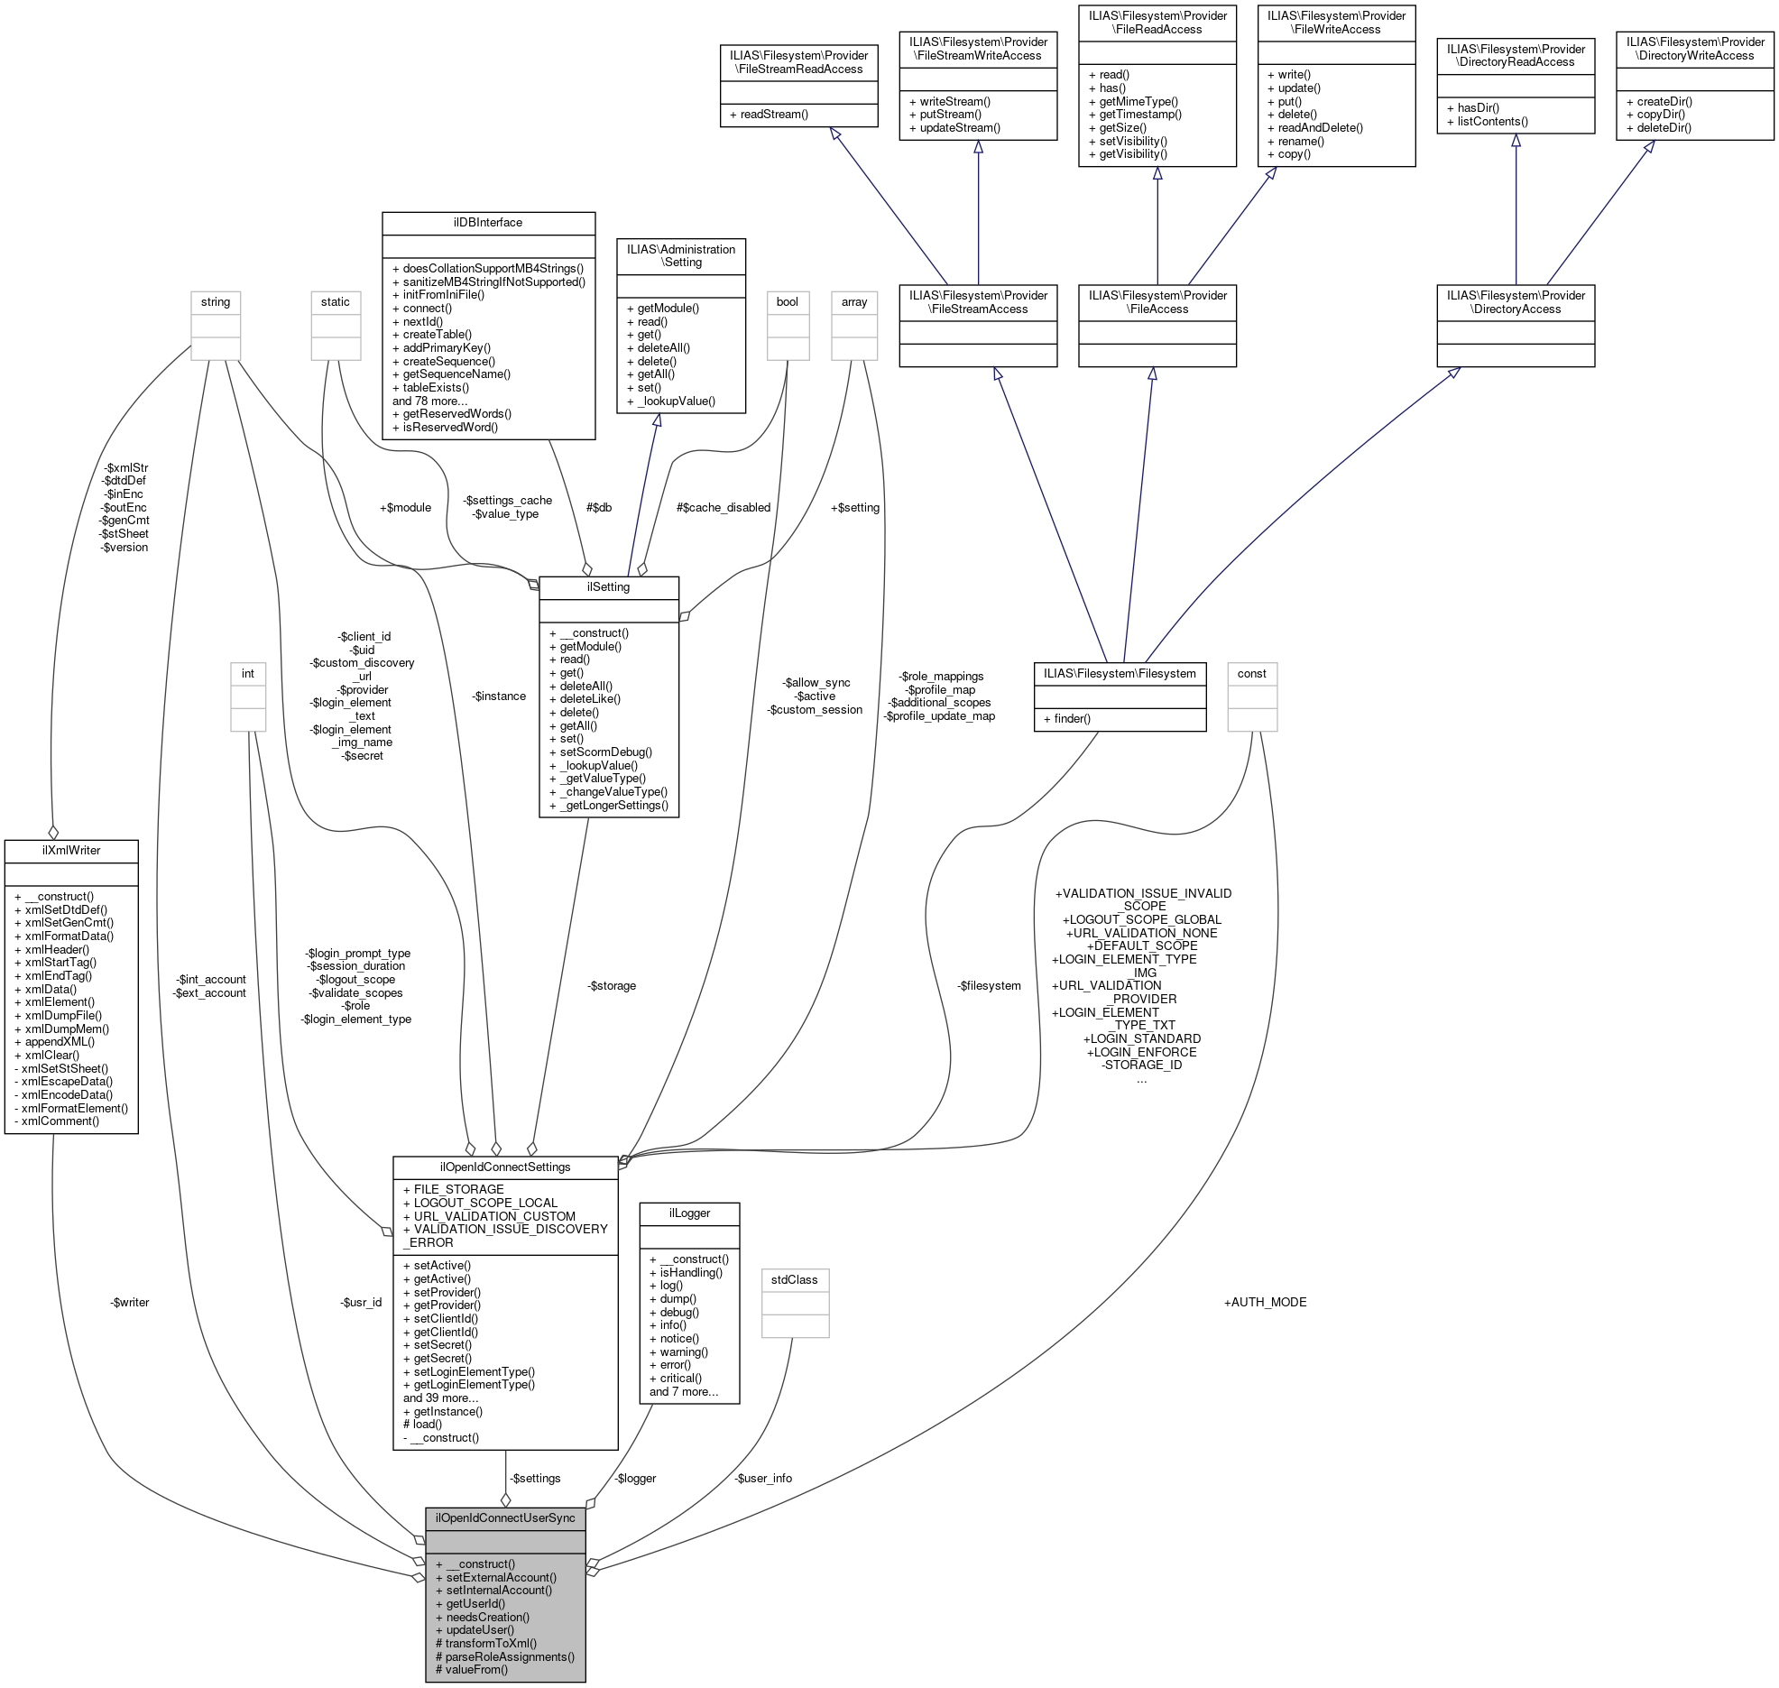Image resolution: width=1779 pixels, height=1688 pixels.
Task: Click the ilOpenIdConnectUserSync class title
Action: tap(505, 1517)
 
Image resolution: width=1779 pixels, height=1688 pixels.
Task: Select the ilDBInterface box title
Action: tap(488, 223)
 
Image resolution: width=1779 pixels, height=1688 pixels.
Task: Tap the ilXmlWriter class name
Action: tap(71, 850)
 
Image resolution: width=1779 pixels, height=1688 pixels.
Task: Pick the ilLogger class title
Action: tap(689, 1213)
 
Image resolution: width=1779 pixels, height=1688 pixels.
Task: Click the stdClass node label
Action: tap(794, 1279)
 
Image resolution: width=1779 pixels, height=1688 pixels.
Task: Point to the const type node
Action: tap(1251, 673)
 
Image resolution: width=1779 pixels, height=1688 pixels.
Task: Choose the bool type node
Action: tap(787, 301)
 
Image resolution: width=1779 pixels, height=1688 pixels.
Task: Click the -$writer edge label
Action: tap(130, 1302)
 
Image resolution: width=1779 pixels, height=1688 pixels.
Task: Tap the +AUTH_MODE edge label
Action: tap(1265, 1302)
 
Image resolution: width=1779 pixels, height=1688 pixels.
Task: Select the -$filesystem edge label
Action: tap(989, 985)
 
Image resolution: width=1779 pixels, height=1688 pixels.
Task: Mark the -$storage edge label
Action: tap(612, 985)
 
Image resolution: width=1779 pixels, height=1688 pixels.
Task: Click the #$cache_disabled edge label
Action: tap(724, 507)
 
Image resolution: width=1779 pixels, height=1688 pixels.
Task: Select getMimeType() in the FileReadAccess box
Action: tap(1138, 102)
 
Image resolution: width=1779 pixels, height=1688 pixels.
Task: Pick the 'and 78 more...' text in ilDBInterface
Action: tap(430, 401)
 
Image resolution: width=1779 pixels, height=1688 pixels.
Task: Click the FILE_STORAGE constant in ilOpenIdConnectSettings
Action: tap(458, 1189)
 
